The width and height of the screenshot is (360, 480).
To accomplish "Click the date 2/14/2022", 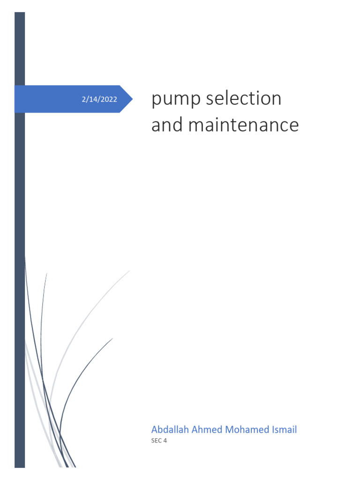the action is [x=99, y=99].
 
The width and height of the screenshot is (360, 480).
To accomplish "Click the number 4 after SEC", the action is [x=165, y=441].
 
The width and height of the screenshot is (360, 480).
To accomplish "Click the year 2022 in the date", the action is [x=109, y=99].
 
